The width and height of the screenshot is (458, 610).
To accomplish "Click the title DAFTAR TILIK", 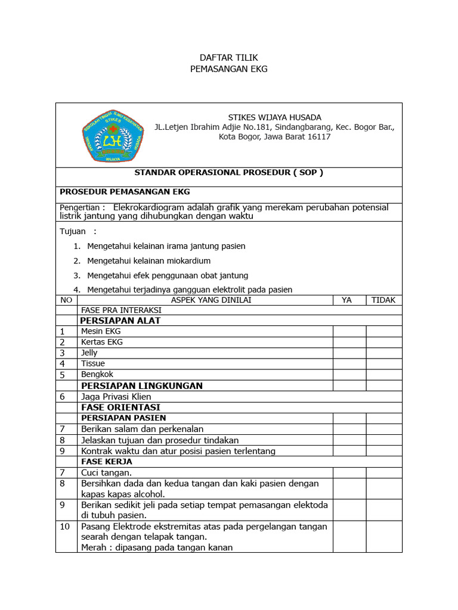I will click(x=228, y=58).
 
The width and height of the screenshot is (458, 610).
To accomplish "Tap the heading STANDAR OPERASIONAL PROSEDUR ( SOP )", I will click(x=228, y=173).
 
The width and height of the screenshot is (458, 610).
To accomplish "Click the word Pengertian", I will click(x=79, y=207).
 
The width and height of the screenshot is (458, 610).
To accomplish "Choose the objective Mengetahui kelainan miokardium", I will click(x=148, y=261).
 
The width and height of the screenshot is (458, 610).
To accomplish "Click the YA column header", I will click(x=346, y=300).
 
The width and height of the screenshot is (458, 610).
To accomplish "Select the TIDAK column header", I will click(x=383, y=300).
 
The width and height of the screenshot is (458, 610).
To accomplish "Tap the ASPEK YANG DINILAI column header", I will click(x=211, y=300).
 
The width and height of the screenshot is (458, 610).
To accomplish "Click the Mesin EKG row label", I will click(x=101, y=331).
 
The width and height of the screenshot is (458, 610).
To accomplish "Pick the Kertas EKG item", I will click(x=102, y=342).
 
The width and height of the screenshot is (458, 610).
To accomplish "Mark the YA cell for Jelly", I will click(x=349, y=353).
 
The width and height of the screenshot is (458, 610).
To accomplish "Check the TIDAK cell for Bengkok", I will click(x=383, y=375).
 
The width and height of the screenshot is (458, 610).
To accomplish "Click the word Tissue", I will click(x=93, y=363).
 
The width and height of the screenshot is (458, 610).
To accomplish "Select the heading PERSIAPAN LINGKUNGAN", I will click(x=141, y=385).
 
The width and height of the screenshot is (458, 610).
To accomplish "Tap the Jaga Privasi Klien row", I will click(x=116, y=397).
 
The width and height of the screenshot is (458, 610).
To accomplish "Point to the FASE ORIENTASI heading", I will click(x=120, y=407).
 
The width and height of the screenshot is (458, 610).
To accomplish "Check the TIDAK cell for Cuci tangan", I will click(x=383, y=472).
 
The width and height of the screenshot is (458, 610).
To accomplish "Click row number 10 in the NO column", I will click(x=66, y=527).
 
